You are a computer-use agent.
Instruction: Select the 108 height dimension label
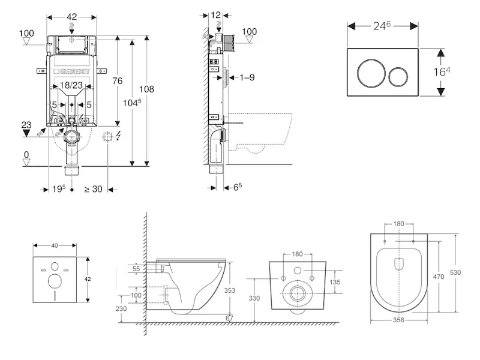coord(146,89)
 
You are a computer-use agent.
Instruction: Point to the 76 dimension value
coord(118,81)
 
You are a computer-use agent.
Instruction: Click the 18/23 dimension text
coord(72,86)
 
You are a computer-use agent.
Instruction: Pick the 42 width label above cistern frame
coord(72,17)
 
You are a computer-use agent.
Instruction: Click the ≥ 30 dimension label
coord(93,190)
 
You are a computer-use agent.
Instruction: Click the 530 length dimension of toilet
coord(456,272)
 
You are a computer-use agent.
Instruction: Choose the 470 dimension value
coord(439,278)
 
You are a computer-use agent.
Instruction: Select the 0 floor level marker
coord(26,155)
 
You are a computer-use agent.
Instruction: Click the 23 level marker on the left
coord(26,125)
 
